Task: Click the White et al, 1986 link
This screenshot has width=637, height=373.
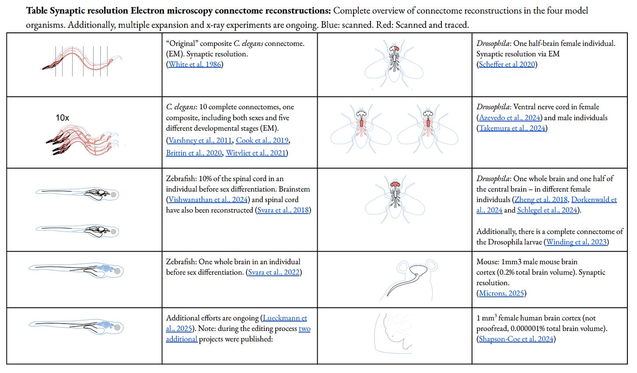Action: pyautogui.click(x=195, y=64)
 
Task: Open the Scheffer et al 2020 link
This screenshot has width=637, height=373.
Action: pyautogui.click(x=507, y=64)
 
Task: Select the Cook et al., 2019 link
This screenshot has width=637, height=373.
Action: pyautogui.click(x=262, y=141)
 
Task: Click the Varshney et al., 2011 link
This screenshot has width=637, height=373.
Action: pyautogui.click(x=199, y=141)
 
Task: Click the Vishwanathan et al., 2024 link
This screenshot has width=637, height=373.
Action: pyautogui.click(x=208, y=200)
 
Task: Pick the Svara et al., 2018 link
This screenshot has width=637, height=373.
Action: pyautogui.click(x=283, y=210)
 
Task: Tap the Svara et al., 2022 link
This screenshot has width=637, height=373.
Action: pyautogui.click(x=274, y=272)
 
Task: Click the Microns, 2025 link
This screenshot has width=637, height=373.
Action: pyautogui.click(x=501, y=293)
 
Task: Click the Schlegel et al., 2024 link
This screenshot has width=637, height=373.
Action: pyautogui.click(x=547, y=210)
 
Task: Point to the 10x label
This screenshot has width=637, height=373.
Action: pyautogui.click(x=62, y=118)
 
